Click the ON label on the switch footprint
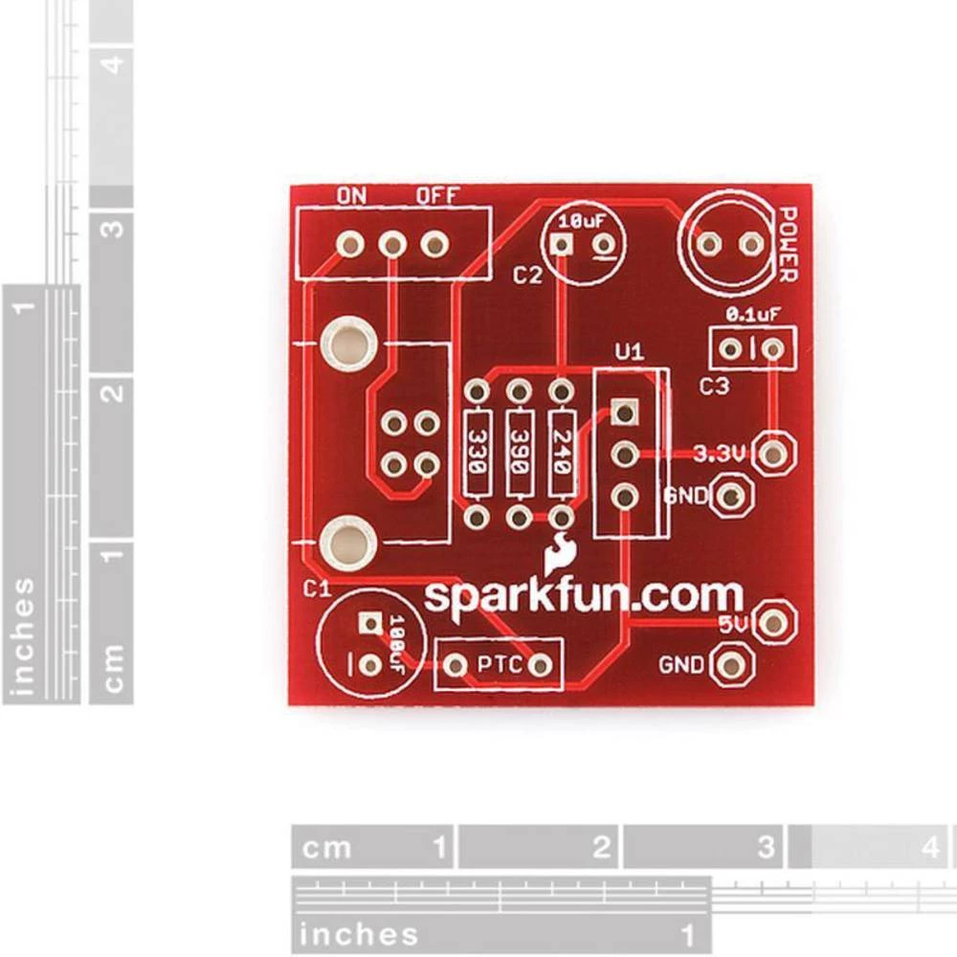coord(351,196)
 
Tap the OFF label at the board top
coord(438,196)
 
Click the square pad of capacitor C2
coord(562,245)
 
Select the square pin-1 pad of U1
coord(624,412)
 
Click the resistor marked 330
coord(476,456)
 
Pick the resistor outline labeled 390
coord(518,456)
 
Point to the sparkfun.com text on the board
coord(583,595)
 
